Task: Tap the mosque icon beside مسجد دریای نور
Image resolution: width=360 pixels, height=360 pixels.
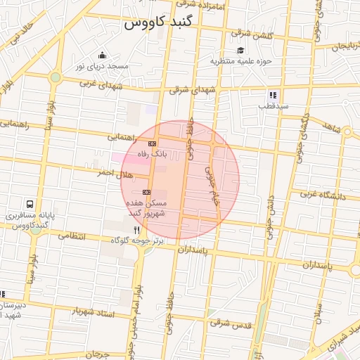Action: [x=103, y=56]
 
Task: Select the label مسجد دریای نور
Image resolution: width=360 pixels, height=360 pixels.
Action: [x=104, y=67]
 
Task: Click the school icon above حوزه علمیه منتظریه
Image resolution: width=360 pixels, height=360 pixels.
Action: [x=240, y=50]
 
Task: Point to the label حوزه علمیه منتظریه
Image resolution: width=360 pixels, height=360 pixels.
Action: [x=240, y=61]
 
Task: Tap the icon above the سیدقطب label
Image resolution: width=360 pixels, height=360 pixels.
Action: [x=272, y=95]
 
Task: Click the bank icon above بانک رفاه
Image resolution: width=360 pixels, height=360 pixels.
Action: [x=153, y=143]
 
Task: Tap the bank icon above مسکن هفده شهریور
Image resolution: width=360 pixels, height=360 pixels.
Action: [x=147, y=191]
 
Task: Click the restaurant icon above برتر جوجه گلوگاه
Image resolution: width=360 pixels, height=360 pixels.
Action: [x=136, y=229]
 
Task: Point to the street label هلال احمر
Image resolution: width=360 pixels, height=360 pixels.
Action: [x=113, y=172]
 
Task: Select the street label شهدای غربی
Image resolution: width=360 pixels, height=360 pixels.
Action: [x=101, y=84]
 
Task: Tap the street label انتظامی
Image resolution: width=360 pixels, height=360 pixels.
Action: [x=72, y=236]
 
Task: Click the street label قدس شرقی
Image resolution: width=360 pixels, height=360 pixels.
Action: [x=230, y=324]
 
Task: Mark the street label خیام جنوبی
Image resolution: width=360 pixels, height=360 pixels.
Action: [x=212, y=179]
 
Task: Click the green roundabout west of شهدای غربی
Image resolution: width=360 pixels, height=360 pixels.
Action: [x=55, y=77]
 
